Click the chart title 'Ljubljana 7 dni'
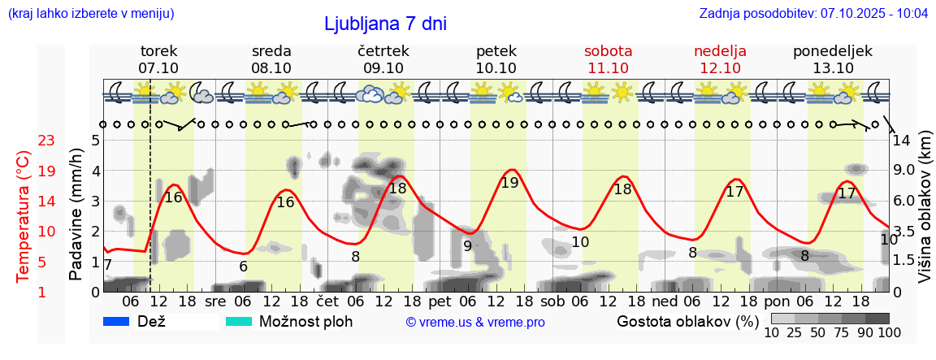(x=385, y=24)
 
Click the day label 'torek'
(x=158, y=51)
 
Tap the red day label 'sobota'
(x=608, y=51)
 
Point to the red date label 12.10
(x=720, y=68)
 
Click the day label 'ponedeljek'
(x=833, y=51)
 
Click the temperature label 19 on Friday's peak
(x=509, y=183)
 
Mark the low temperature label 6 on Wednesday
(x=243, y=266)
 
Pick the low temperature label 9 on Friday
(x=467, y=245)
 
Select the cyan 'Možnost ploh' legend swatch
(x=239, y=321)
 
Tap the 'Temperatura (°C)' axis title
(x=24, y=216)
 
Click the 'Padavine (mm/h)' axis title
(x=76, y=215)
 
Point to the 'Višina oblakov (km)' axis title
(x=925, y=207)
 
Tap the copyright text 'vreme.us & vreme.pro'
(x=475, y=322)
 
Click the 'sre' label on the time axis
(x=215, y=301)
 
